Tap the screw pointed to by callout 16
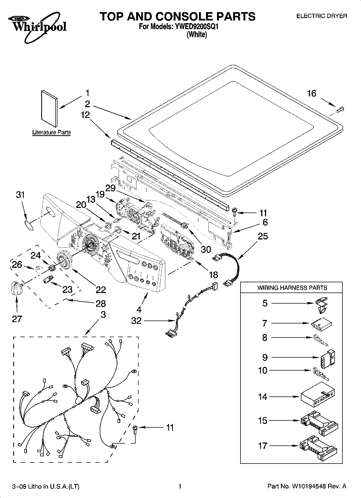click(x=340, y=109)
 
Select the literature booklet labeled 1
click(x=49, y=109)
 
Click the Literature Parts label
click(x=51, y=132)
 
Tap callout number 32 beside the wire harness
click(x=136, y=321)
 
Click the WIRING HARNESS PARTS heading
click(x=292, y=288)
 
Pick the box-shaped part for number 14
click(x=318, y=396)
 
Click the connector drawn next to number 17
click(x=318, y=446)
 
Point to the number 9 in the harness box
click(x=265, y=357)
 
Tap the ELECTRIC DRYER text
click(x=322, y=16)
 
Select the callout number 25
click(x=263, y=236)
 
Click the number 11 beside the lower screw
click(x=170, y=427)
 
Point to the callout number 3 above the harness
click(x=103, y=314)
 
